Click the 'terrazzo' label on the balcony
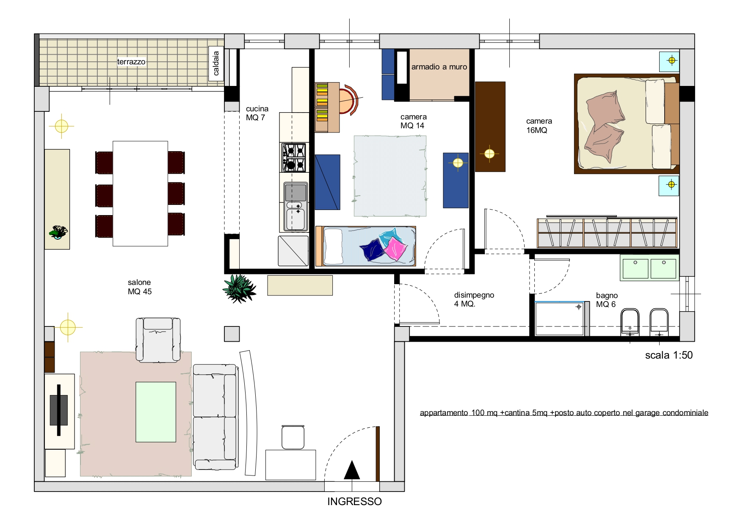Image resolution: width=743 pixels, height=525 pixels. [x=131, y=62]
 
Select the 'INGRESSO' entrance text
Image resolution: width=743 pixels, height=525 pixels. [x=354, y=502]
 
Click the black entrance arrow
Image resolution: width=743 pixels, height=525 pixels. [x=352, y=470]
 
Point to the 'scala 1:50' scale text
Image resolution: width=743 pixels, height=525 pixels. [x=669, y=355]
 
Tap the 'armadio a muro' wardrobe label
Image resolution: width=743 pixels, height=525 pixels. [x=439, y=67]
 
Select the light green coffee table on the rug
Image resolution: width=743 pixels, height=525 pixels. [x=156, y=412]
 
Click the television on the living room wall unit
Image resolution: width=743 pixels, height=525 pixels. [x=59, y=410]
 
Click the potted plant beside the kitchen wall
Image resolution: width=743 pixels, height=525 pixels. [x=239, y=288]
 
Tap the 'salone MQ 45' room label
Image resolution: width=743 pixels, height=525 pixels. [x=140, y=287]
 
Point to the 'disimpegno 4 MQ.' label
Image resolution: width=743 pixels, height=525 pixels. [x=474, y=299]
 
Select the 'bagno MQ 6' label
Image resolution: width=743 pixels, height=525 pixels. [x=607, y=300]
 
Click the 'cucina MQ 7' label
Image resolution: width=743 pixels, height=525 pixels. [x=257, y=113]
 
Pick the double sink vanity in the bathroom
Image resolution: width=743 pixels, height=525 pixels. [x=649, y=268]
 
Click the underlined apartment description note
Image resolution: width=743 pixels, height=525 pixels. [x=564, y=413]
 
